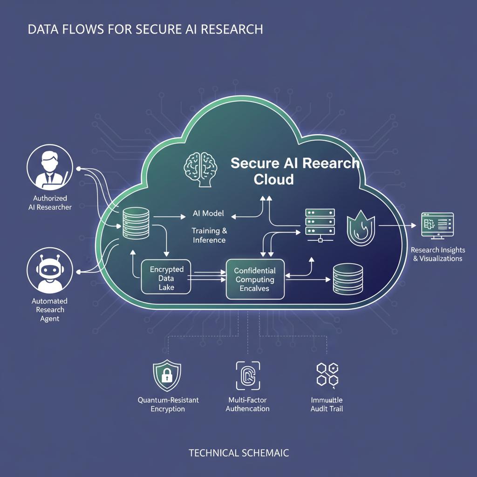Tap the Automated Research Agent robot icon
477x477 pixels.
point(50,270)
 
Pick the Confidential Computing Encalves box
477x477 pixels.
point(255,279)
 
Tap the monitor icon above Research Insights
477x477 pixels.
point(437,226)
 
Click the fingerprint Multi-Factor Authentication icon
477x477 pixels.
point(247,375)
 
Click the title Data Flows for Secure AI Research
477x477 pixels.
point(145,29)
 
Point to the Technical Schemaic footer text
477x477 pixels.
point(238,452)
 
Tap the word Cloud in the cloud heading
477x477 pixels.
point(274,179)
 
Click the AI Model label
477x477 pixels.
point(208,213)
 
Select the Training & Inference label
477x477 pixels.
point(209,235)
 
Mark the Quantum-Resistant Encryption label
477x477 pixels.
point(168,404)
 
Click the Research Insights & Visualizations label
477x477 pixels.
point(437,254)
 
